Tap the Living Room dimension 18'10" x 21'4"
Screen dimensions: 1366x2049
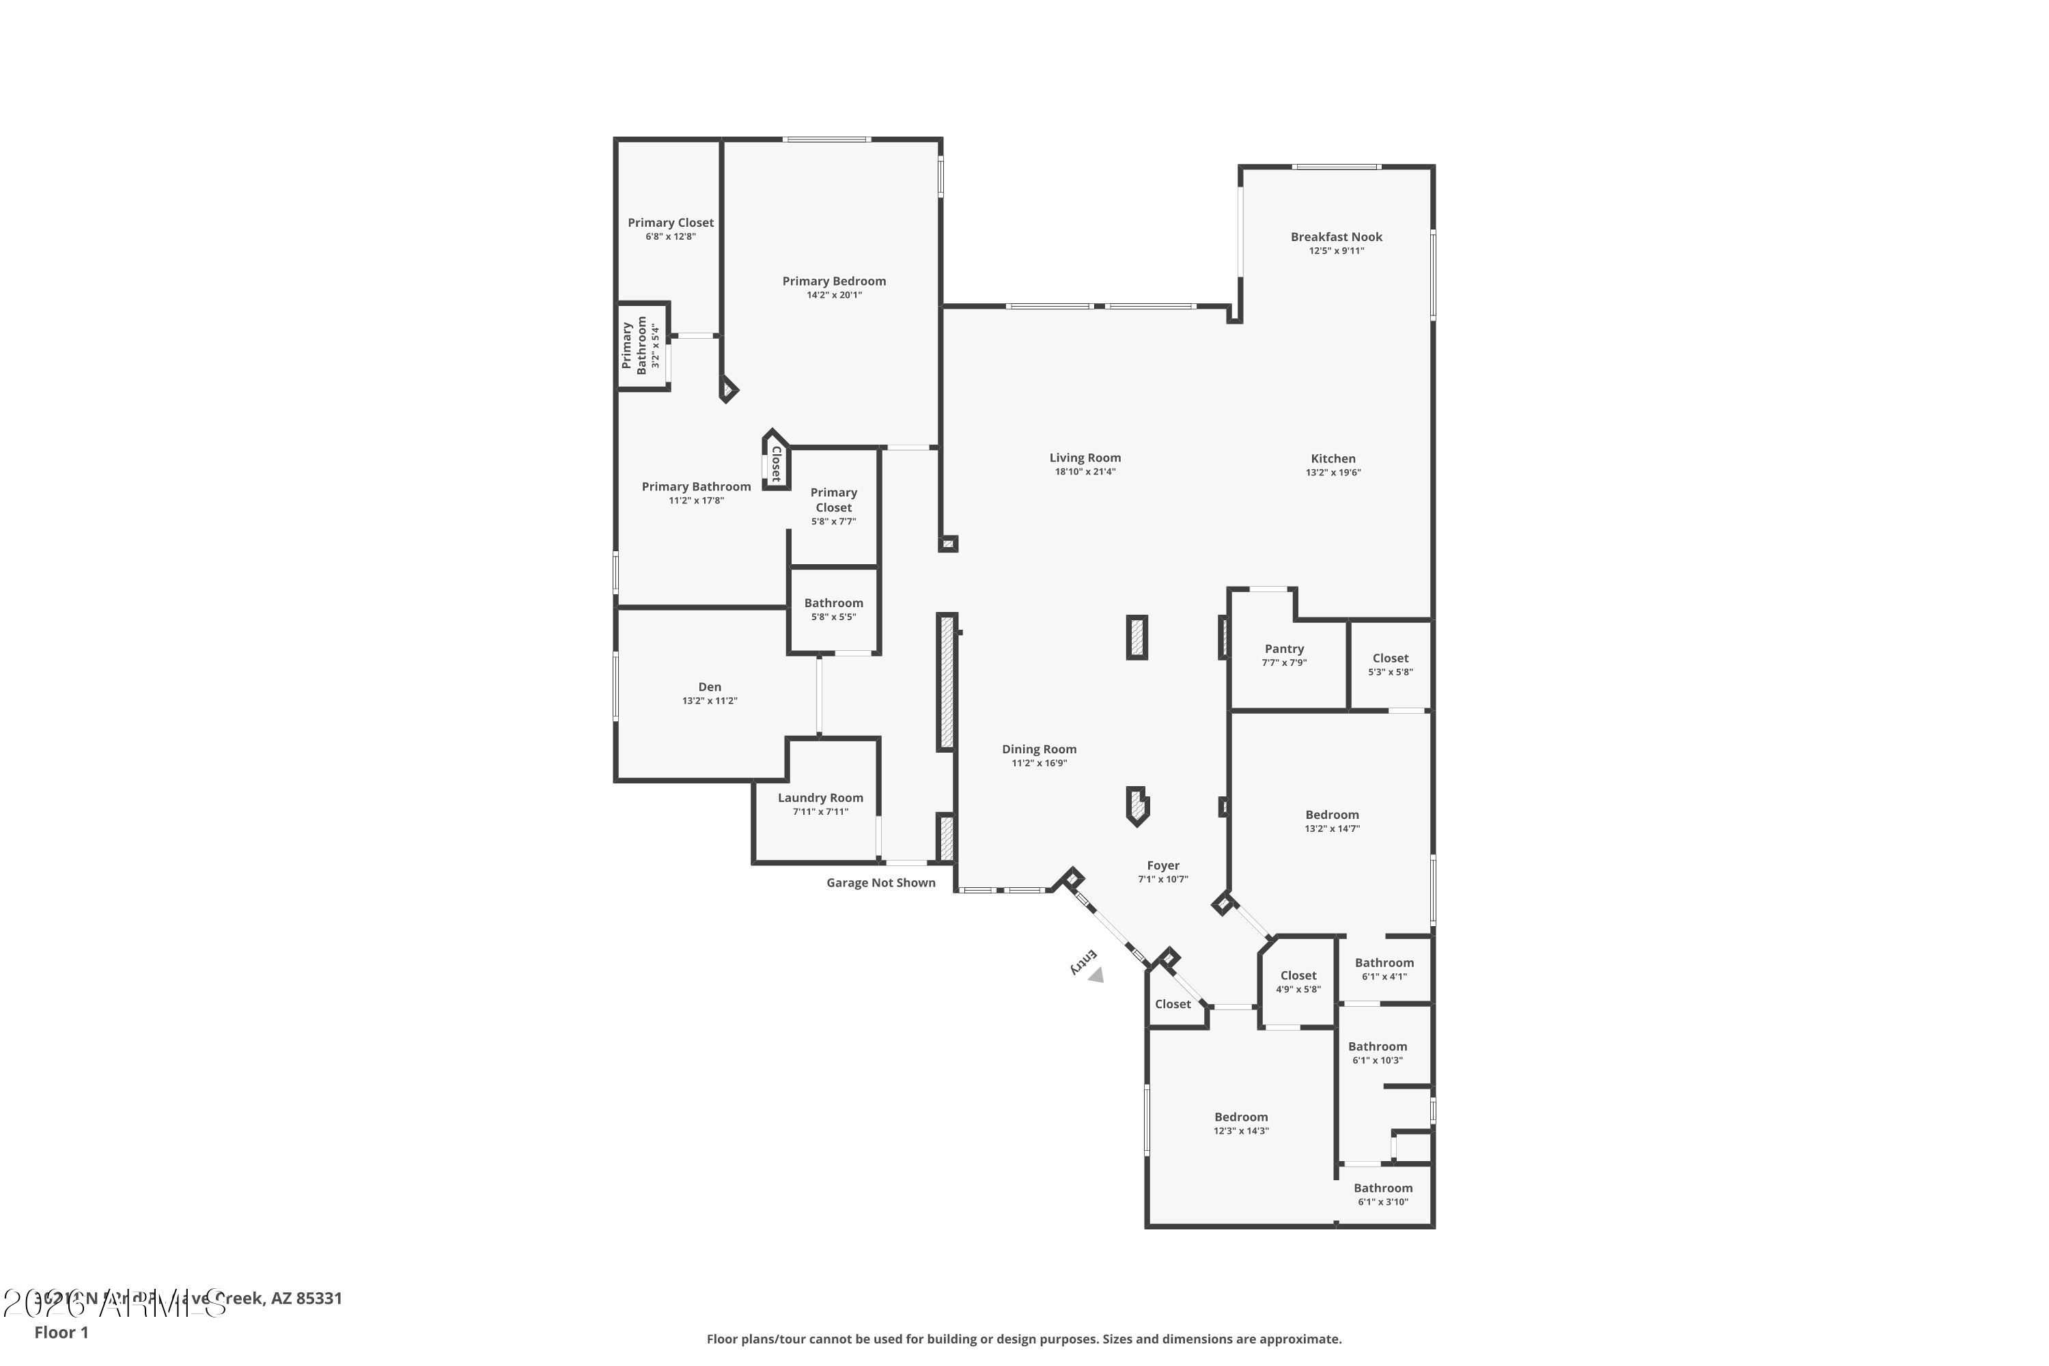(1085, 472)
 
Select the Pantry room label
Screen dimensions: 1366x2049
(1284, 649)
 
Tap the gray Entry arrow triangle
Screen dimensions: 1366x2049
(1096, 976)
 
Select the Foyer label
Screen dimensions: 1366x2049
(1163, 866)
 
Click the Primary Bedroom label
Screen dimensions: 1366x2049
(834, 281)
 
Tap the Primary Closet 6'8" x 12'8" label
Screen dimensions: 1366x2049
(670, 223)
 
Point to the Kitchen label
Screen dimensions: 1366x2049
(1333, 459)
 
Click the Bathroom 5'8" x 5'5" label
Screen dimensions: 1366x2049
(834, 603)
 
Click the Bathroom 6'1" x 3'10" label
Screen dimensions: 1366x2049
(1382, 1188)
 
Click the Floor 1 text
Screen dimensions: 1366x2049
(61, 1332)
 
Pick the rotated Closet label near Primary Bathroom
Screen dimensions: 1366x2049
(775, 464)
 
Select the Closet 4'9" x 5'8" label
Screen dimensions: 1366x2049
(1298, 976)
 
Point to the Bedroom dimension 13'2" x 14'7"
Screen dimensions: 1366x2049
(1331, 829)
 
